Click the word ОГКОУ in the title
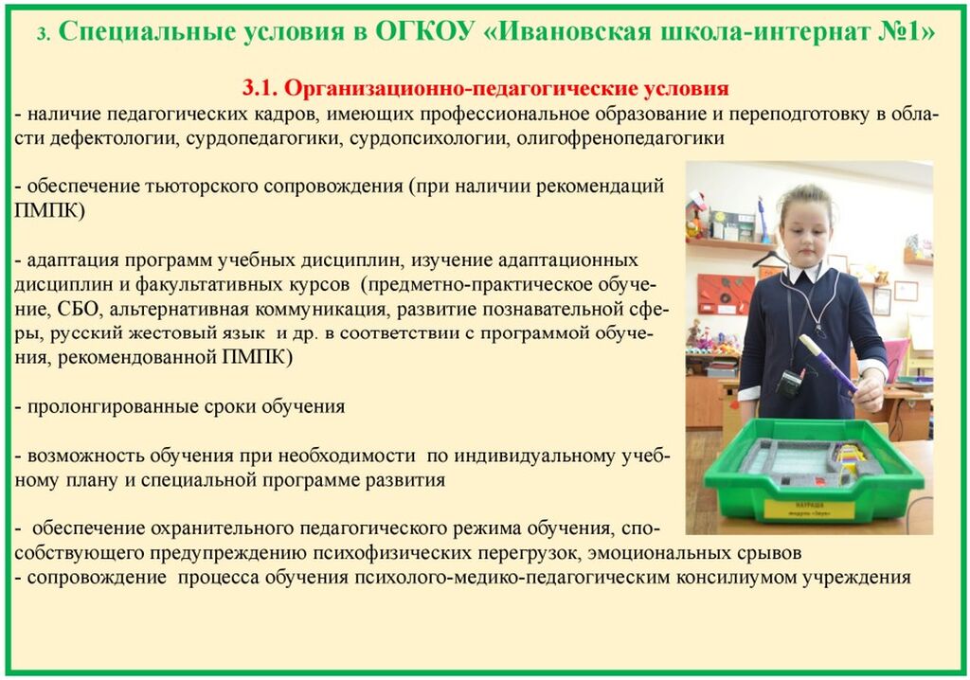click(x=424, y=31)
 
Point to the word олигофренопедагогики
click(x=620, y=138)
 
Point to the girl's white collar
click(x=805, y=273)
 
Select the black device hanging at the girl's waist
click(x=791, y=383)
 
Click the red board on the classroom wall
click(x=725, y=294)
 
